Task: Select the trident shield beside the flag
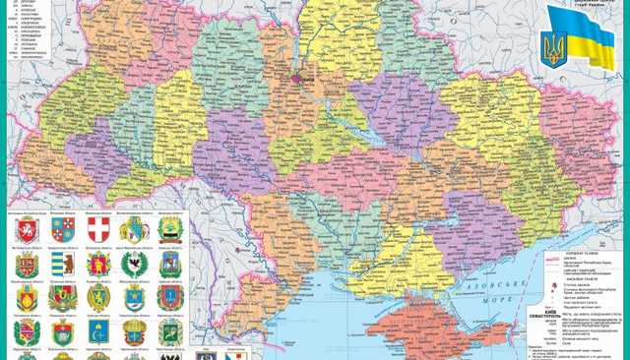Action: tap(555, 47)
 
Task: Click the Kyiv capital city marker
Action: tap(294, 71)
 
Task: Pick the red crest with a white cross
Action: tap(96, 230)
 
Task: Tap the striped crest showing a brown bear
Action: tap(60, 264)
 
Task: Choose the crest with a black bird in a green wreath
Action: tap(133, 264)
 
